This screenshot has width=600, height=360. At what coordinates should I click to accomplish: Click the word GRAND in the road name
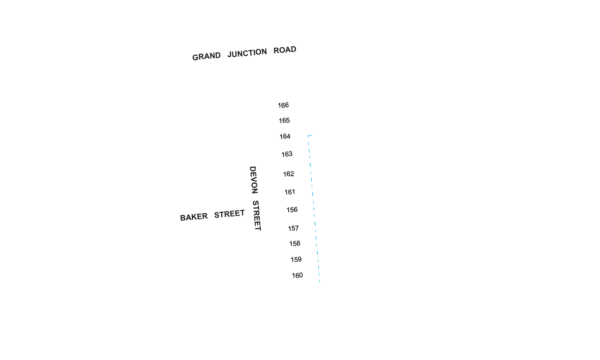coord(207,56)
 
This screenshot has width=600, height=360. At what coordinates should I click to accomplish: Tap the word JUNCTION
coord(247,53)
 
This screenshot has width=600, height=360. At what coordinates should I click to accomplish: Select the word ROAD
coord(285,50)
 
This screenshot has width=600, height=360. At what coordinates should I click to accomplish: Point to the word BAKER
coord(194,217)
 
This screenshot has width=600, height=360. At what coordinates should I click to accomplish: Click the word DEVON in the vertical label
coord(254,180)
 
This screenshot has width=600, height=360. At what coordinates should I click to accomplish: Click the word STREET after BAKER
coord(229,214)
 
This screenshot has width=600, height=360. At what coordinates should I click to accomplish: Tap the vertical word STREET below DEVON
coord(256,216)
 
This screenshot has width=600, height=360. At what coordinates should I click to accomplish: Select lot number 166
coord(283,105)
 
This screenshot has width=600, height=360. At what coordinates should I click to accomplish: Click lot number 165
coord(284,120)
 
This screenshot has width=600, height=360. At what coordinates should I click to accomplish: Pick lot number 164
coord(285,136)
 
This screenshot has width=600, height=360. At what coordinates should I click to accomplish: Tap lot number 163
coord(287,154)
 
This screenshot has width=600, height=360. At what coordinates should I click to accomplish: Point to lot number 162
coord(288,174)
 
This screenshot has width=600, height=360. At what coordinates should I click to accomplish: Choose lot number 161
coord(290,192)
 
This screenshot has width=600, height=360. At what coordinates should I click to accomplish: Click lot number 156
coord(292,210)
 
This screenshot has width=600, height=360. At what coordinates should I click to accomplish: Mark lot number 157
coord(293,228)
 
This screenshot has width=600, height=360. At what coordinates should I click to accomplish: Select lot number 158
coord(295,243)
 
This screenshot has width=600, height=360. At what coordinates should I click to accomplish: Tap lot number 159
coord(296,259)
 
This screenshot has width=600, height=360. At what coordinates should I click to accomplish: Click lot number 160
coord(297,275)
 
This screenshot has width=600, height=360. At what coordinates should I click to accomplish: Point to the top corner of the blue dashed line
coord(308,136)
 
